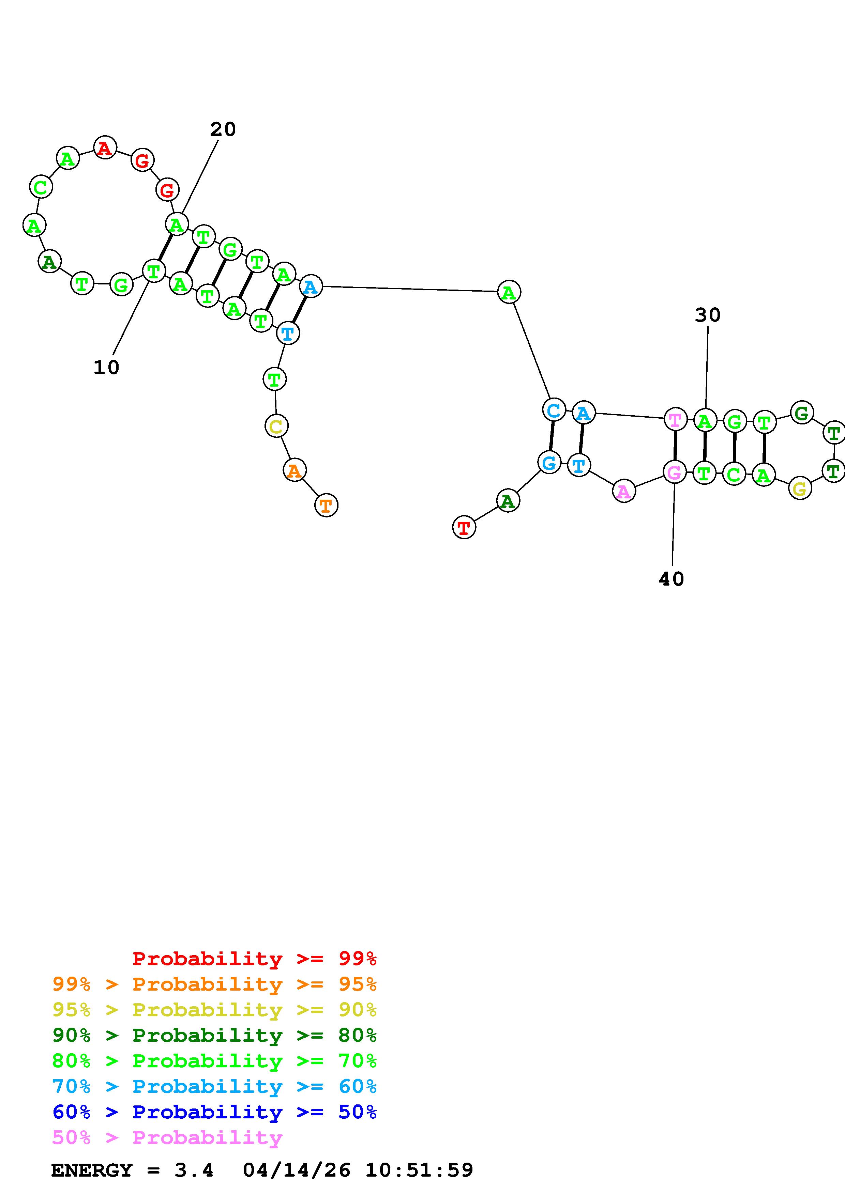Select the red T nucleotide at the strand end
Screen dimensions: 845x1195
464,527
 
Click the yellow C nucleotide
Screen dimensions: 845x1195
276,426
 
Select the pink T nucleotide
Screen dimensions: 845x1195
675,419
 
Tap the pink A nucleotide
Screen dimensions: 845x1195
624,491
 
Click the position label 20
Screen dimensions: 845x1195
223,129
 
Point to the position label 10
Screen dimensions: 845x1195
106,368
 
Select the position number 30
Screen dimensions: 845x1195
708,315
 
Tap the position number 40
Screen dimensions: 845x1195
671,579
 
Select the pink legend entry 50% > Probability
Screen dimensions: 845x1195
167,1137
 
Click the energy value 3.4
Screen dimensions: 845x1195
194,1170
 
